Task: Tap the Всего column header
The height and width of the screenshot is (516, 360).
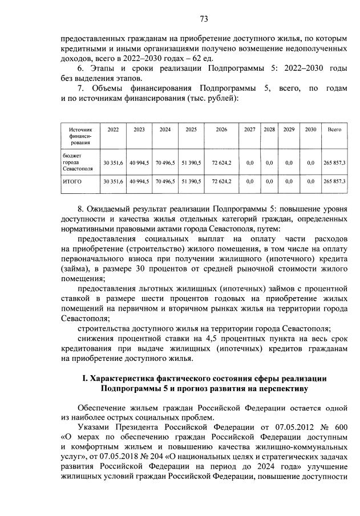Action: [334, 130]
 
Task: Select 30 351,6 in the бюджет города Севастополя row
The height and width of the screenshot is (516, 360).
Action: [113, 162]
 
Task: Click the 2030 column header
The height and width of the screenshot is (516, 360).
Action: [310, 130]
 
